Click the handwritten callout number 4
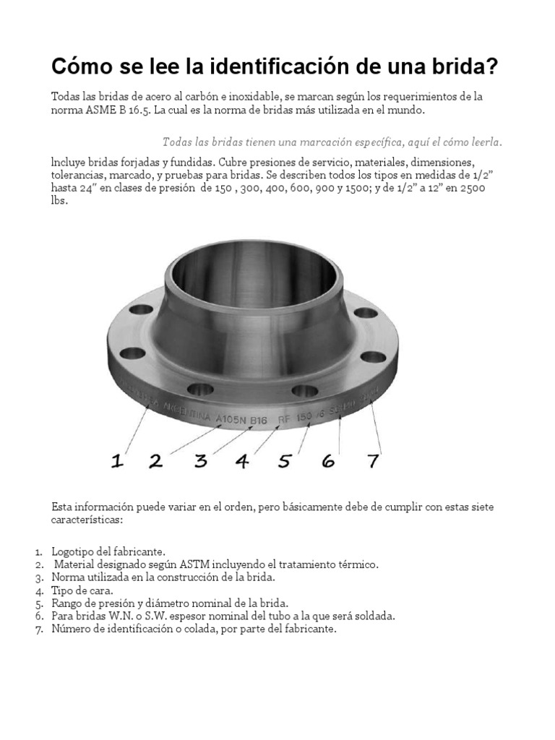click(x=242, y=461)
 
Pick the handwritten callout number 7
click(x=372, y=461)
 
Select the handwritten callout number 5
click(x=285, y=461)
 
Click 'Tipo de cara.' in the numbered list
click(x=82, y=590)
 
